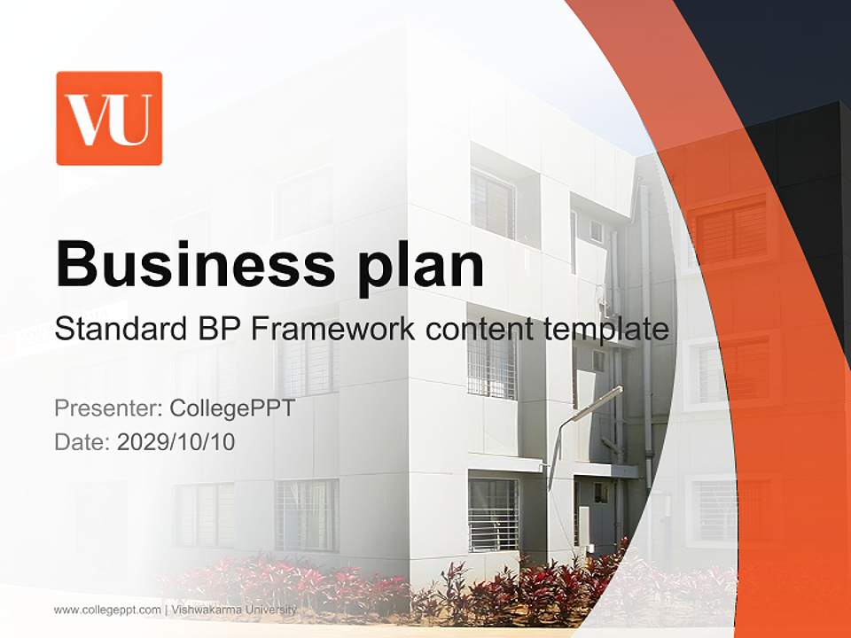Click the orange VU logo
(x=109, y=118)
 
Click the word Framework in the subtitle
(x=324, y=330)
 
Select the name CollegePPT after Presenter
(x=232, y=408)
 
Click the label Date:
(x=82, y=441)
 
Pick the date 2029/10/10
(x=176, y=441)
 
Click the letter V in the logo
(x=91, y=120)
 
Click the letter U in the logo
(x=135, y=120)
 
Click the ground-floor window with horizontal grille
(x=493, y=514)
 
